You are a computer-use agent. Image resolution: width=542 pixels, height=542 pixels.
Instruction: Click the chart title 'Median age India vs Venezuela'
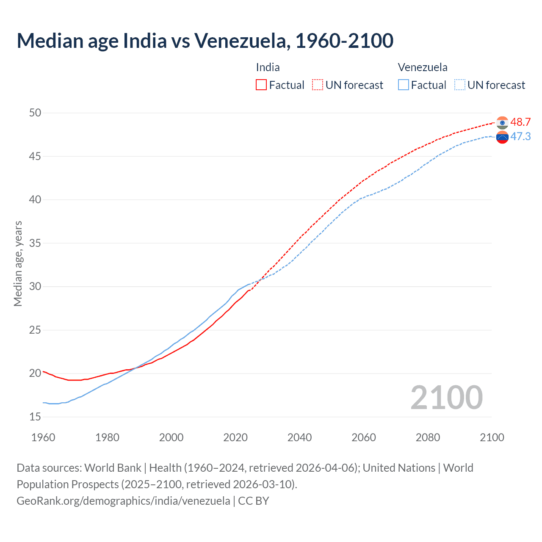[x=205, y=41]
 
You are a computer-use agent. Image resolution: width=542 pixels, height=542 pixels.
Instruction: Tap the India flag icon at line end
[x=502, y=122]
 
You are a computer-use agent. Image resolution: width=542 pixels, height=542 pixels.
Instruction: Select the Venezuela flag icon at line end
[x=502, y=137]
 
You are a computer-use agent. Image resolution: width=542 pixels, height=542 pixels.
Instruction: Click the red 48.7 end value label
[x=520, y=122]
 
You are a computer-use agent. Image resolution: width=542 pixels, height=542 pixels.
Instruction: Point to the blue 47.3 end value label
[x=520, y=136]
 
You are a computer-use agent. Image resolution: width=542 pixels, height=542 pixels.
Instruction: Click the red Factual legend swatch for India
[x=261, y=85]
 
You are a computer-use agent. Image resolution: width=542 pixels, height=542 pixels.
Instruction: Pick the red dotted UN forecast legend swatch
[x=318, y=85]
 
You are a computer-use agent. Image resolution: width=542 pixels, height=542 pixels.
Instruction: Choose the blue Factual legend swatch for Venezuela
[x=404, y=85]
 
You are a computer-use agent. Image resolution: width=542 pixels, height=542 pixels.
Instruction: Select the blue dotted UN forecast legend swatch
[x=460, y=85]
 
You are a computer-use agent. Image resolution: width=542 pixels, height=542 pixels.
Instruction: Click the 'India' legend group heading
[x=268, y=67]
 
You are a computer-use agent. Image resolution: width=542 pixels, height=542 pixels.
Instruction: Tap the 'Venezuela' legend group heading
[x=422, y=67]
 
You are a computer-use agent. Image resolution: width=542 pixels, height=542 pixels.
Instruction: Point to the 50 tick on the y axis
[x=35, y=113]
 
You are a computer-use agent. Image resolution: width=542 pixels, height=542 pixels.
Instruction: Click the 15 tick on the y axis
[x=35, y=417]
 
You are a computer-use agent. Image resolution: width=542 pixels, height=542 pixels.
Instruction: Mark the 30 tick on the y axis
[x=35, y=286]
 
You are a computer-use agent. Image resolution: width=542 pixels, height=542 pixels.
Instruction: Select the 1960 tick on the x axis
[x=43, y=437]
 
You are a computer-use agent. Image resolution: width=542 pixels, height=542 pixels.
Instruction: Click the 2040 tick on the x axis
[x=299, y=437]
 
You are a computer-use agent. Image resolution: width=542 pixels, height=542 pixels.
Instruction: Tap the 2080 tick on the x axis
[x=428, y=437]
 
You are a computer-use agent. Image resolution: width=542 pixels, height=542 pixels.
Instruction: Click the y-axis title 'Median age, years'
[x=18, y=263]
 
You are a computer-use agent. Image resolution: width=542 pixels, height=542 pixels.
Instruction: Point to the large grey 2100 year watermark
[x=446, y=397]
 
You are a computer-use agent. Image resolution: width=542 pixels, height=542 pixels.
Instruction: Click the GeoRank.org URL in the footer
[x=123, y=501]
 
